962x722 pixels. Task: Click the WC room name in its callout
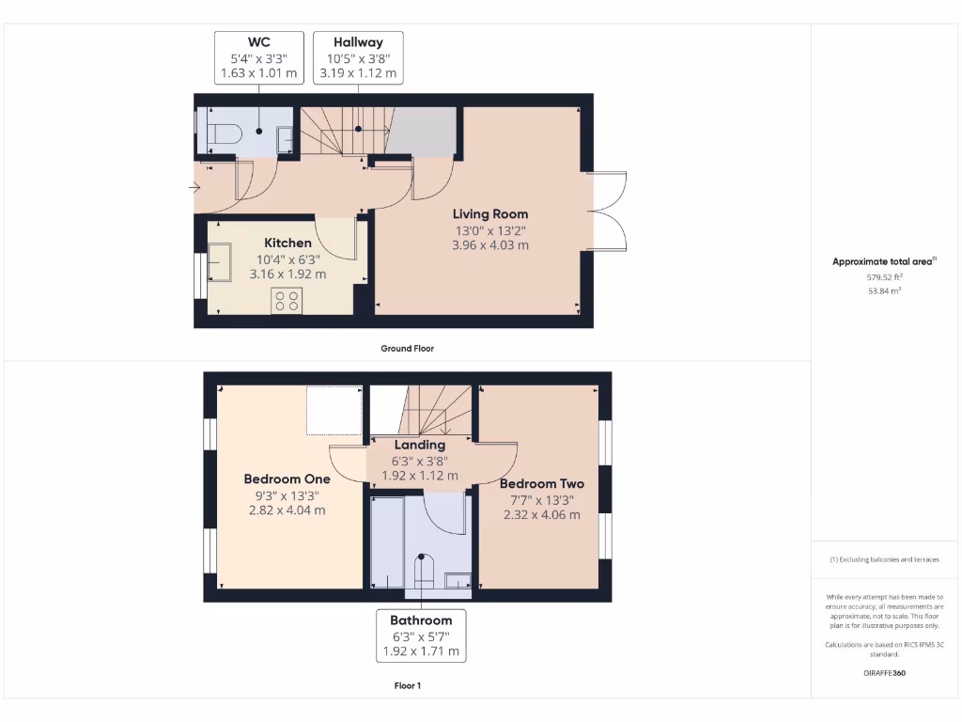click(x=258, y=41)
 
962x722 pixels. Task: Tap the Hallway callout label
click(x=358, y=41)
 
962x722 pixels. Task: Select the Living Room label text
click(x=490, y=213)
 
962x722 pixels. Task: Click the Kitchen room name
click(x=287, y=243)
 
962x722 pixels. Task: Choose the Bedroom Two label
click(x=542, y=483)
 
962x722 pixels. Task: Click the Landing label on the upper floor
click(x=420, y=445)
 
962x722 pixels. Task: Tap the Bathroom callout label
click(x=421, y=620)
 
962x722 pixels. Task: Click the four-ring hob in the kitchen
click(x=287, y=300)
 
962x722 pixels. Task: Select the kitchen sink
click(x=219, y=262)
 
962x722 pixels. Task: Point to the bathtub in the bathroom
click(x=386, y=543)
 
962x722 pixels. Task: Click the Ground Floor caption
click(x=407, y=348)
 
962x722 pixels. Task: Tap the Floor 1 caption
click(x=407, y=686)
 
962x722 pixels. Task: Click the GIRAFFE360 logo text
click(x=884, y=673)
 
